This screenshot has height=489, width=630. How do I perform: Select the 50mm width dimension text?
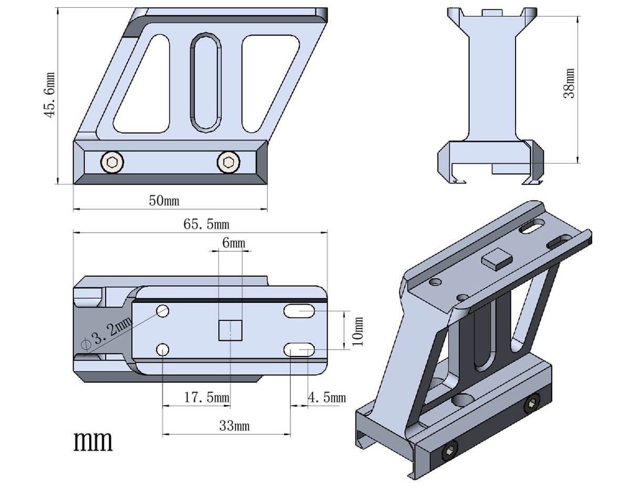pos(167,200)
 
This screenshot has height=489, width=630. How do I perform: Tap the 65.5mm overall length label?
pos(206,224)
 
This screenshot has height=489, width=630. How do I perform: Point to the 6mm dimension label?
pos(233,243)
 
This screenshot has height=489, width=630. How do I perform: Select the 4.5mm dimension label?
pos(327,398)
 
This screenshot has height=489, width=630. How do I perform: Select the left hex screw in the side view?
pos(112,162)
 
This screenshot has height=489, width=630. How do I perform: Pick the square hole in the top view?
pos(230,330)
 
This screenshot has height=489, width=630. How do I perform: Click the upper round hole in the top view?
pos(162,311)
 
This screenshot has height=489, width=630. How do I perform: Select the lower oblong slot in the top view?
pos(299,349)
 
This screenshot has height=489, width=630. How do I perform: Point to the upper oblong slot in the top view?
pos(299,312)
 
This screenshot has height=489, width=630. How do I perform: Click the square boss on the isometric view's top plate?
pos(497,258)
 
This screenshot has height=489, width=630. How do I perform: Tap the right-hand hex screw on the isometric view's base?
pos(532,404)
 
